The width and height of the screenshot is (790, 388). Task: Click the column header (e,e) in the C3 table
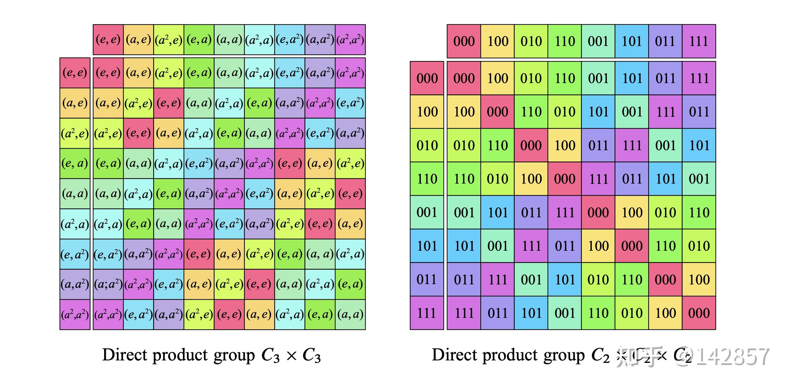pyautogui.click(x=108, y=40)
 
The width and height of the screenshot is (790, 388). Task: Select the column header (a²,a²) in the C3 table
pyautogui.click(x=350, y=40)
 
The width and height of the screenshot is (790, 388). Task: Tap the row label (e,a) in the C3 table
pyautogui.click(x=75, y=163)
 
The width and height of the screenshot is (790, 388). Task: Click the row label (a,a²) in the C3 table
pyautogui.click(x=75, y=284)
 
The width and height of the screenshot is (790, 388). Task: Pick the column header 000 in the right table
pyautogui.click(x=464, y=41)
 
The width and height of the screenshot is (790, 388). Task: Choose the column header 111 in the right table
pyautogui.click(x=699, y=41)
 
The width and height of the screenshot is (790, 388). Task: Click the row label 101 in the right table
pyautogui.click(x=427, y=246)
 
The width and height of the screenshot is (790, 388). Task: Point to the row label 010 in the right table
pyautogui.click(x=427, y=145)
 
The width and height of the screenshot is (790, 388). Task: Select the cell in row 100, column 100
pyautogui.click(x=498, y=112)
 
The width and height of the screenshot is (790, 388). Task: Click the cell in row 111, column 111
pyautogui.click(x=699, y=313)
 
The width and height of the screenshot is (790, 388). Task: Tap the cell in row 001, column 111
pyautogui.click(x=699, y=212)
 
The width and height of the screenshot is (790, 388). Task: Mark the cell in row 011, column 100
pyautogui.click(x=498, y=280)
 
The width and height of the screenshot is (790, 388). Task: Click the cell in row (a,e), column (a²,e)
pyautogui.click(x=169, y=103)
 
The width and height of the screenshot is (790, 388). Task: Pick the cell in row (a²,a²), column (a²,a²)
pyautogui.click(x=350, y=314)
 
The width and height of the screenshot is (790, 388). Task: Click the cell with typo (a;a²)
pyautogui.click(x=108, y=284)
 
